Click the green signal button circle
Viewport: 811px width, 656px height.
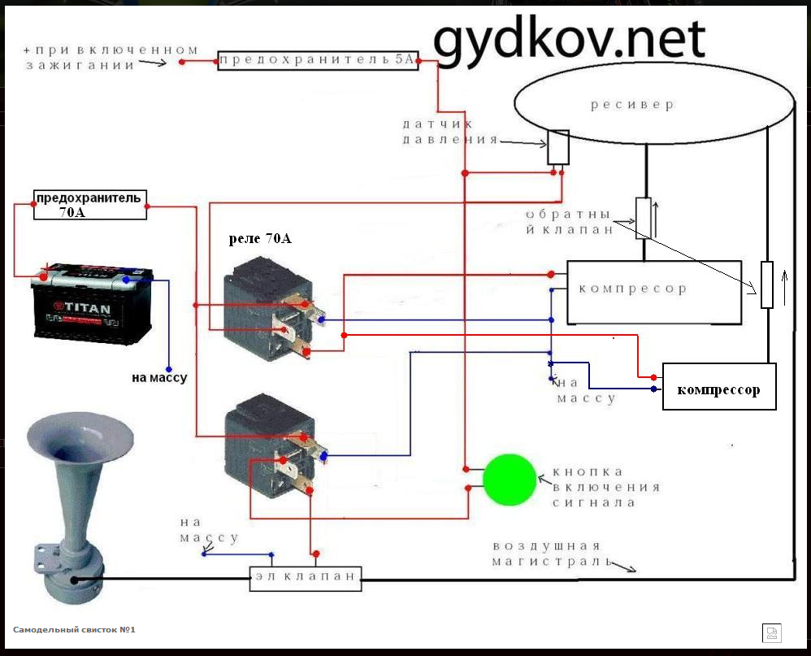point(510,480)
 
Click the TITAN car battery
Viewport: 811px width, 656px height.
point(92,307)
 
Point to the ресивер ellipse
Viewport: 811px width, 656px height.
point(654,106)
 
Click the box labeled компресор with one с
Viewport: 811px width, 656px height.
point(653,290)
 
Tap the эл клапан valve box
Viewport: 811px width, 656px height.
point(305,578)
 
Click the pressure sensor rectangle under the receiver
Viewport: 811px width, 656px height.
point(557,147)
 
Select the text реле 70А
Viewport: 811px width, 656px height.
point(260,240)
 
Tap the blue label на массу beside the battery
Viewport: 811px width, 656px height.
point(159,378)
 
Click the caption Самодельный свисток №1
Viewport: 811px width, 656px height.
point(73,629)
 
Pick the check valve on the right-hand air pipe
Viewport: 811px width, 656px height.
point(766,285)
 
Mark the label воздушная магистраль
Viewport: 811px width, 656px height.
point(548,554)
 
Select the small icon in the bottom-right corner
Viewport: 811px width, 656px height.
point(770,632)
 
